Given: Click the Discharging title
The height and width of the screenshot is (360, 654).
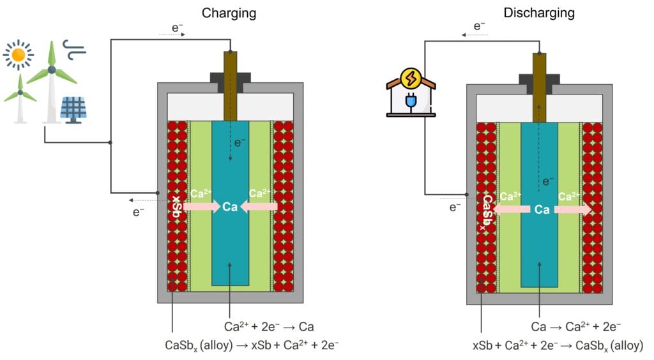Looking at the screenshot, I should click(x=539, y=12).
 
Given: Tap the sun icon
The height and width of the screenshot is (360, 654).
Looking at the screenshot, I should click(x=18, y=56).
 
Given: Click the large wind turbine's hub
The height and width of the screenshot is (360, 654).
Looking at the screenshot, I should click(x=52, y=69).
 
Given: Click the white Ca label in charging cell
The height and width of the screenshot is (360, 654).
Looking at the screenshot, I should click(x=230, y=206).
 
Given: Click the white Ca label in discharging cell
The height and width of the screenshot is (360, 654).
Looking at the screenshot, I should click(x=542, y=209).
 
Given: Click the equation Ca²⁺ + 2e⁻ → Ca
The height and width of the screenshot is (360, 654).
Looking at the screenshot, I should click(x=269, y=327).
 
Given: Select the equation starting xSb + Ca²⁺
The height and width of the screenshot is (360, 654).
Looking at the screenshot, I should click(x=558, y=345).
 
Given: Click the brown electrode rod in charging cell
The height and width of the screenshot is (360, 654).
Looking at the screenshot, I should click(x=230, y=86).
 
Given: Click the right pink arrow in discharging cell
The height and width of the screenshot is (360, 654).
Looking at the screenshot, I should click(x=574, y=209).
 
